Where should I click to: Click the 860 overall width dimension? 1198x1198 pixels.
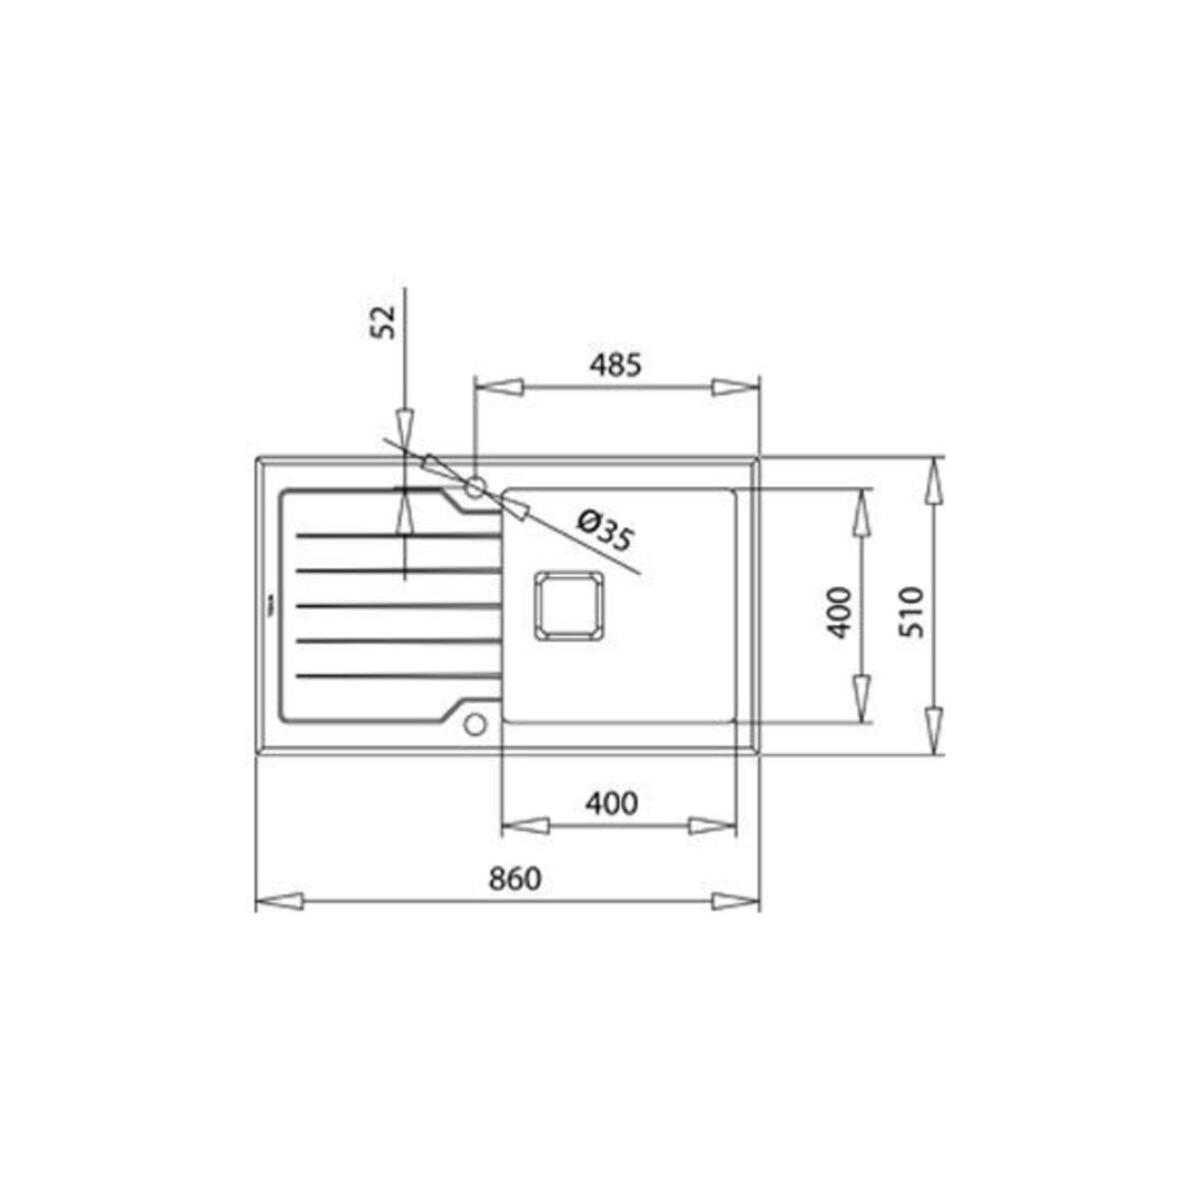[x=514, y=880]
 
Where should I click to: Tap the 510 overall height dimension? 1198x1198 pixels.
[x=911, y=611]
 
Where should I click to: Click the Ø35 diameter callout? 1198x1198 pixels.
[x=605, y=531]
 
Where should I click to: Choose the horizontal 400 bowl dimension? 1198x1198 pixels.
[x=611, y=803]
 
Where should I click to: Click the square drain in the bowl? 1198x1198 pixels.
[x=569, y=606]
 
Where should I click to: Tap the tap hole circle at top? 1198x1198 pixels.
[x=475, y=487]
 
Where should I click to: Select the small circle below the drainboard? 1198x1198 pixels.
[x=474, y=723]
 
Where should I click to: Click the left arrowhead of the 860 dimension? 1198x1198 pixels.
[x=280, y=901]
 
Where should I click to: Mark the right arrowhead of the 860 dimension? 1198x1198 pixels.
[x=737, y=901]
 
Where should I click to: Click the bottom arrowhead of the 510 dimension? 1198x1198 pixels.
[x=934, y=730]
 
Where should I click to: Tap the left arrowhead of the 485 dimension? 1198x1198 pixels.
[x=498, y=387]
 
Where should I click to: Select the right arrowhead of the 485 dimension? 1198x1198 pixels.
[x=737, y=387]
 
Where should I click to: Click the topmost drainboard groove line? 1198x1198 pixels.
[x=397, y=536]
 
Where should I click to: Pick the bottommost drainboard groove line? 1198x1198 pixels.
[x=397, y=676]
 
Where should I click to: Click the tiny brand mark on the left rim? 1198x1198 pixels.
[x=268, y=605]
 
